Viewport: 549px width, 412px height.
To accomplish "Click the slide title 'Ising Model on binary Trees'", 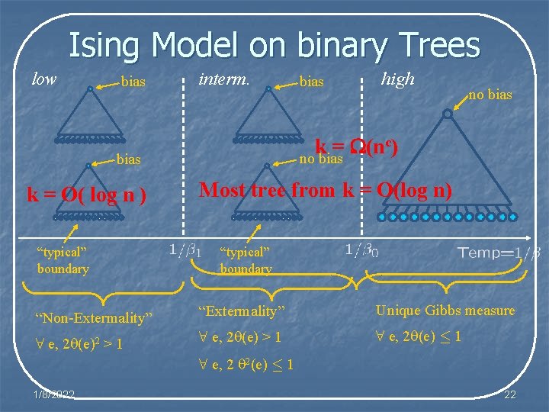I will click(x=274, y=45).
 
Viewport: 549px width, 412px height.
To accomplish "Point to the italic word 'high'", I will click(x=397, y=79).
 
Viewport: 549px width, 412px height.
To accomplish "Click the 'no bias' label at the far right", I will click(x=490, y=95).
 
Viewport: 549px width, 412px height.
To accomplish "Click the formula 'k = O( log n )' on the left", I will click(x=86, y=194).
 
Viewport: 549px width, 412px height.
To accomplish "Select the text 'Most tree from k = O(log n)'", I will click(x=325, y=190).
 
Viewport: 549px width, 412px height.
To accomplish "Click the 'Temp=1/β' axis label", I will click(x=499, y=252).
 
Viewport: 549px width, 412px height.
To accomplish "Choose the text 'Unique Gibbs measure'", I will click(x=445, y=311).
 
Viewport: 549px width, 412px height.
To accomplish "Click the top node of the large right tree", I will click(x=447, y=114).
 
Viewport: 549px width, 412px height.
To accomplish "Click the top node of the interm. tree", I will click(x=268, y=89).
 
